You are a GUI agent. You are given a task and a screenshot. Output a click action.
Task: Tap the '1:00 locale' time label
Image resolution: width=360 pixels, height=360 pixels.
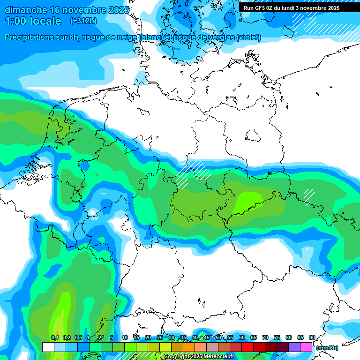click(33, 21)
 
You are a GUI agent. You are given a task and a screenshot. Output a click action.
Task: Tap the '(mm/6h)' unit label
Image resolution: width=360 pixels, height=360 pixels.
click(327, 348)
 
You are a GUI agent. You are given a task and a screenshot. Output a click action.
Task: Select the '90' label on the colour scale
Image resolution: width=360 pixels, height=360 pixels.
click(312, 337)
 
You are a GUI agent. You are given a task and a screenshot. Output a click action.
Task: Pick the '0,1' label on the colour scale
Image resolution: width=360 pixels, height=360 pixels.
click(54, 337)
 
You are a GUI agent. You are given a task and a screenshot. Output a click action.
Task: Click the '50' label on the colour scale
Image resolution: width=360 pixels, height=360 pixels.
click(218, 337)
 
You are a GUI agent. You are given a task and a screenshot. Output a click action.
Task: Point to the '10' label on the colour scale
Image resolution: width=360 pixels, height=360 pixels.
click(125, 337)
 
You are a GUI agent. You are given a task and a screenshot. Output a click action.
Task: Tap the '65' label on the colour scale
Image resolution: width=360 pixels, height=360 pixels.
click(254, 337)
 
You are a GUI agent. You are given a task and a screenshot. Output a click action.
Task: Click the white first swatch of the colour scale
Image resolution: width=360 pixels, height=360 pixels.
click(48, 347)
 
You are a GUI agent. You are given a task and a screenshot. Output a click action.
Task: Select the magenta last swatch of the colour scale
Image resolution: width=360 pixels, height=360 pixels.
click(306, 347)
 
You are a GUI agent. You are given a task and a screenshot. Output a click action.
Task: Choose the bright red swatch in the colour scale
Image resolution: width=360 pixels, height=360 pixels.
click(247, 347)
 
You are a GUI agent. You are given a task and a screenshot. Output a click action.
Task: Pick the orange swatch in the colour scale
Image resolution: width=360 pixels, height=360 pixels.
click(189, 347)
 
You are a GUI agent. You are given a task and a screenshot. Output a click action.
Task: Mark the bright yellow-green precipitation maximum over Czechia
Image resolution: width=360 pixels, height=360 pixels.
click(248, 201)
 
